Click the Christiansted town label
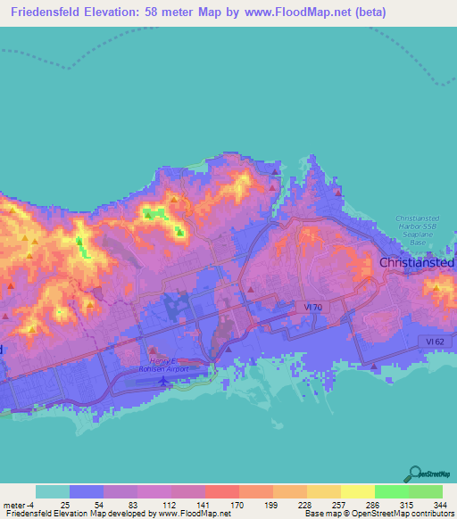click(x=418, y=263)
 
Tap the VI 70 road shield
click(x=308, y=305)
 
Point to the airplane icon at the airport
click(x=163, y=382)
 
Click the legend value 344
click(x=437, y=505)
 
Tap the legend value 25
click(x=65, y=505)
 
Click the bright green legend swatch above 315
click(x=391, y=491)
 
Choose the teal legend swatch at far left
click(x=53, y=491)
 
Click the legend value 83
click(x=132, y=505)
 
